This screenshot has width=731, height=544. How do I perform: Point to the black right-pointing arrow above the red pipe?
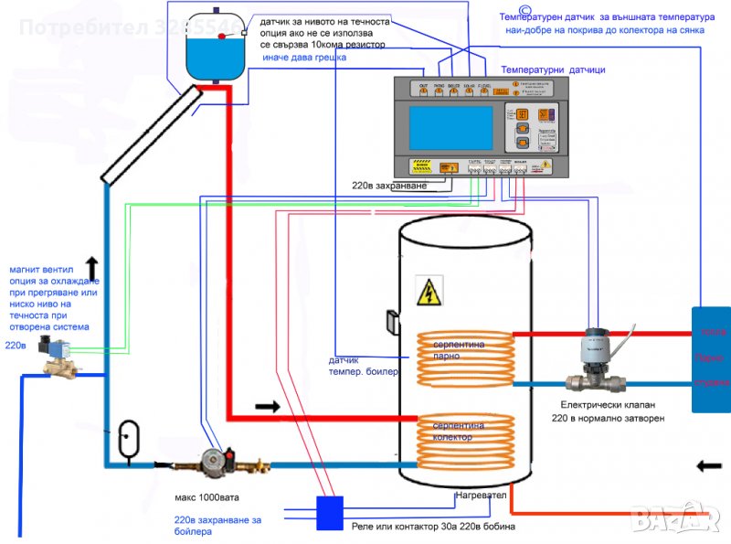267,403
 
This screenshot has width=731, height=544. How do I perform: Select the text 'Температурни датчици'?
553,69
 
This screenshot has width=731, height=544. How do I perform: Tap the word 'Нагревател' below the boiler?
482,496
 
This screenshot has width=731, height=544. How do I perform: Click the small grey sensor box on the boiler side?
391,322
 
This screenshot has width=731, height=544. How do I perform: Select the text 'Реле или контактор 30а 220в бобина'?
433,527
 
